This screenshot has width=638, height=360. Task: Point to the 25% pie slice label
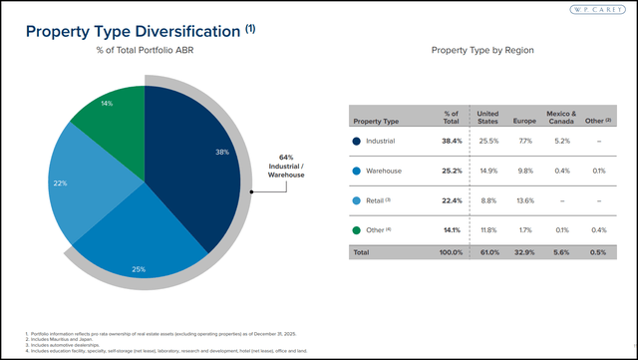[139, 269]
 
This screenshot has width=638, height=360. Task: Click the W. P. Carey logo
[599, 11]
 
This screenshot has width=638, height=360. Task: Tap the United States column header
[487, 118]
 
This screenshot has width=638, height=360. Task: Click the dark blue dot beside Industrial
[356, 141]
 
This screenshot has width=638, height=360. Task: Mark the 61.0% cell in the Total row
[487, 253]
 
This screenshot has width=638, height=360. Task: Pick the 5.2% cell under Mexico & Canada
[561, 141]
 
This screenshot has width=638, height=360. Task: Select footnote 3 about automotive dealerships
[76, 342]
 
